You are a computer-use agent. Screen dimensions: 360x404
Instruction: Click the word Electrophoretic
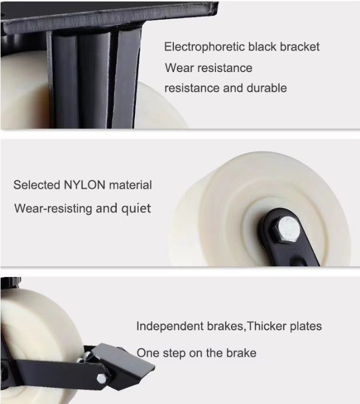[x=204, y=47]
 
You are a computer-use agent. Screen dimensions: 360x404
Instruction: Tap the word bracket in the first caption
[x=300, y=46]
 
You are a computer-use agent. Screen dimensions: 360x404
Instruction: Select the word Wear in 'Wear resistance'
[x=179, y=68]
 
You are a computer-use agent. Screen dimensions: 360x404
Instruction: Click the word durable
[x=267, y=88]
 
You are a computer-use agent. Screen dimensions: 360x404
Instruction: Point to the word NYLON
[x=84, y=185]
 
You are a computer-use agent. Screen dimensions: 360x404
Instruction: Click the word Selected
[x=37, y=185]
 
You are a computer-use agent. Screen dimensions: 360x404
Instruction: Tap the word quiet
[x=136, y=209]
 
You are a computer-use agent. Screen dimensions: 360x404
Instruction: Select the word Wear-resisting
[x=53, y=209]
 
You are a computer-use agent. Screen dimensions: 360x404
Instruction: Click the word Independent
[x=170, y=326]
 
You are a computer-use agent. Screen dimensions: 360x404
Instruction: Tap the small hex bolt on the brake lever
[x=102, y=378]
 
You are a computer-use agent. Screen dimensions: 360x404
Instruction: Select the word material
[x=130, y=185]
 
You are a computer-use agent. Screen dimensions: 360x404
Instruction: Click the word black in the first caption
[x=262, y=46]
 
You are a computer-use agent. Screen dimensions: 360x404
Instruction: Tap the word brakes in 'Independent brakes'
[x=225, y=326]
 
